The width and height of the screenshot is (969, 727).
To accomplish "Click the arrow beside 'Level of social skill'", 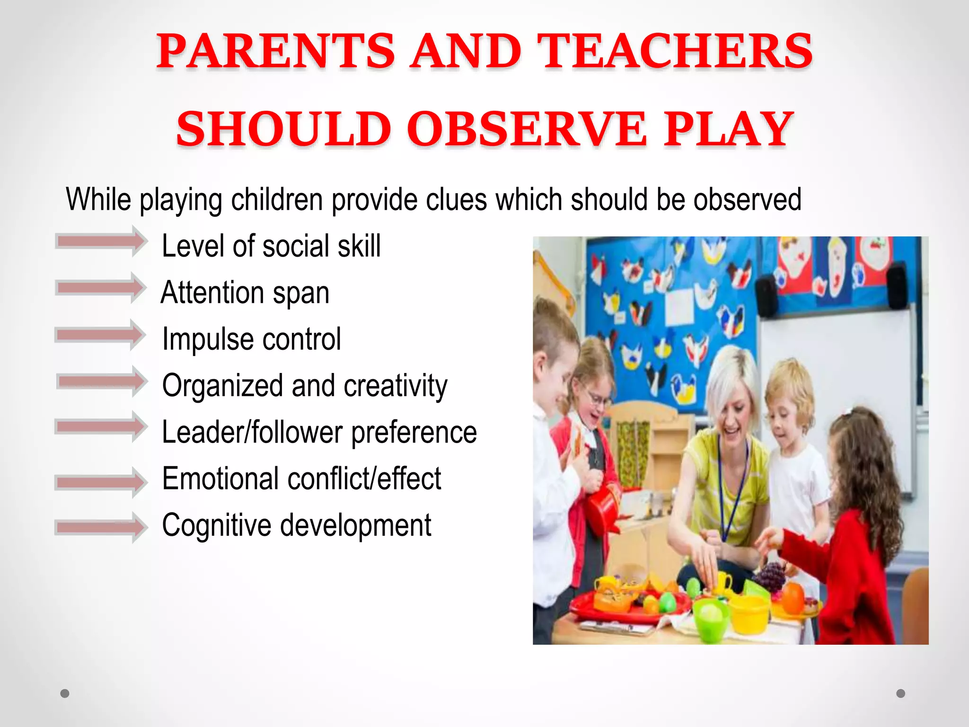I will pos(101,241).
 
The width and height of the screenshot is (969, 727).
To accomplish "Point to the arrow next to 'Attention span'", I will pos(101,288).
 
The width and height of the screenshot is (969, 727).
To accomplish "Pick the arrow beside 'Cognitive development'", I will pos(101,527).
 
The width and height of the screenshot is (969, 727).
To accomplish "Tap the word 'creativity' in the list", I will pos(395,386).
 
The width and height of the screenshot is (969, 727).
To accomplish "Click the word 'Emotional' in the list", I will pos(220,479).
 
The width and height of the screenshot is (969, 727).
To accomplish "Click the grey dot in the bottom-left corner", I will pos(65,694).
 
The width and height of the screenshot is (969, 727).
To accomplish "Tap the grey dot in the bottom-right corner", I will pos(901,693).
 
